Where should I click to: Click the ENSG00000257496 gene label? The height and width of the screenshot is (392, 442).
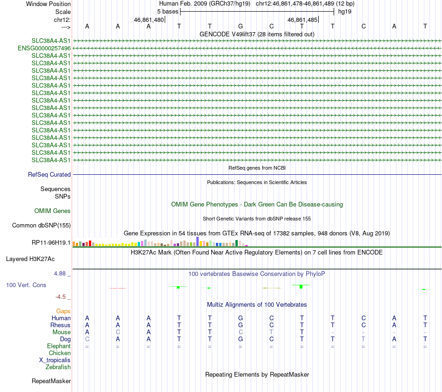click(44, 48)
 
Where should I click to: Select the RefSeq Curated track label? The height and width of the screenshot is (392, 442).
click(49, 174)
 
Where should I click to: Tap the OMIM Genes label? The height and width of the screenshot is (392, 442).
click(53, 211)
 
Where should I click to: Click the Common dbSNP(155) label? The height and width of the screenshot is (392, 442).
click(41, 226)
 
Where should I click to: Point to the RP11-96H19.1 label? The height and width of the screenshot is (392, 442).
click(51, 242)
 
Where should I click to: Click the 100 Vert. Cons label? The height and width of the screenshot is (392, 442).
click(26, 285)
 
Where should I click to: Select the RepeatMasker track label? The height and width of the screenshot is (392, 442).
click(51, 381)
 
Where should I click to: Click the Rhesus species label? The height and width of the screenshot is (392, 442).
click(60, 325)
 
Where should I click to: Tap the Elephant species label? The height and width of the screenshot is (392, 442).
click(59, 346)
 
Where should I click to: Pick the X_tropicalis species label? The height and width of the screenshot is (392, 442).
click(55, 360)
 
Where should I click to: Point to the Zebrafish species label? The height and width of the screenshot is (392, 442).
click(58, 367)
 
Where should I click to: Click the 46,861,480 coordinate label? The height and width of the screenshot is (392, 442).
click(149, 20)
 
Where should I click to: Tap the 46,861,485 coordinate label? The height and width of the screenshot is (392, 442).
click(303, 20)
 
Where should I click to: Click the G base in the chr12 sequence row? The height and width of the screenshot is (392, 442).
click(241, 26)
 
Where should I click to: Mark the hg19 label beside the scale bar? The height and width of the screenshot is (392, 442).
click(345, 11)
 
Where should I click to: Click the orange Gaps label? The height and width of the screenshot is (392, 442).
click(63, 311)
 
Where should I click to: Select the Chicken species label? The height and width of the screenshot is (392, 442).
click(60, 353)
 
